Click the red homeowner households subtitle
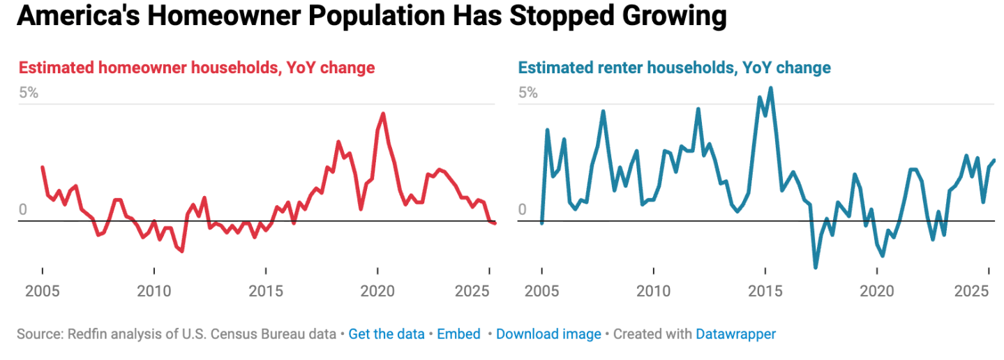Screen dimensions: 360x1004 click(x=196, y=68)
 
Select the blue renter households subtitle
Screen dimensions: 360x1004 click(x=674, y=68)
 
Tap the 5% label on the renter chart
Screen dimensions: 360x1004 click(x=528, y=93)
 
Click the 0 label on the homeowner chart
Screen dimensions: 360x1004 click(x=22, y=210)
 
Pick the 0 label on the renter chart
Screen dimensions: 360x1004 click(x=522, y=210)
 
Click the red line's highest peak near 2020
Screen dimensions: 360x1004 click(x=383, y=114)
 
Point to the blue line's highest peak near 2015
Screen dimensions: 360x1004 click(x=771, y=88)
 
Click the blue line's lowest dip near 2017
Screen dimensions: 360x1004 click(x=816, y=267)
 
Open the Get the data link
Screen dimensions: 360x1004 click(x=387, y=334)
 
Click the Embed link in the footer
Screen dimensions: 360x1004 click(x=458, y=334)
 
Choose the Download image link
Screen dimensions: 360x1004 click(x=548, y=334)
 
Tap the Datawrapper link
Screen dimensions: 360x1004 click(x=735, y=334)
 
